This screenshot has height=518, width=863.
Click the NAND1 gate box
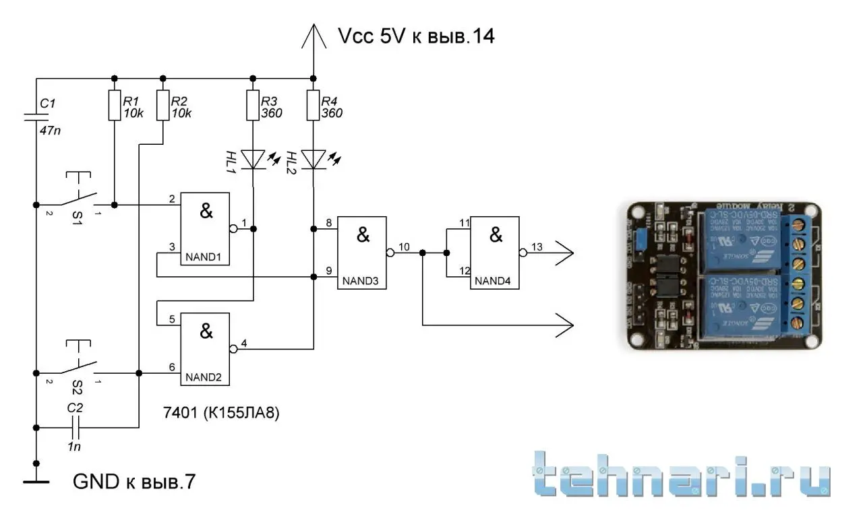tap(204, 229)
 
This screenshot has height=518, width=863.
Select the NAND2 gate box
tap(204, 349)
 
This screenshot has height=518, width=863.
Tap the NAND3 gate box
tap(362, 253)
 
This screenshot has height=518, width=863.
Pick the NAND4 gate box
tap(495, 253)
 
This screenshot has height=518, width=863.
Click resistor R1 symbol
tap(114, 106)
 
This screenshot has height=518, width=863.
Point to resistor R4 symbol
tap(313, 106)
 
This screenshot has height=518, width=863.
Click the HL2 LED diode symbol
tap(313, 160)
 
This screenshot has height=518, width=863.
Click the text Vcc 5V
tap(371, 36)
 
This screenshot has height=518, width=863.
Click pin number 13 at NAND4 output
tap(537, 246)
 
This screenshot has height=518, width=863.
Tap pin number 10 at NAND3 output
tap(403, 246)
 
